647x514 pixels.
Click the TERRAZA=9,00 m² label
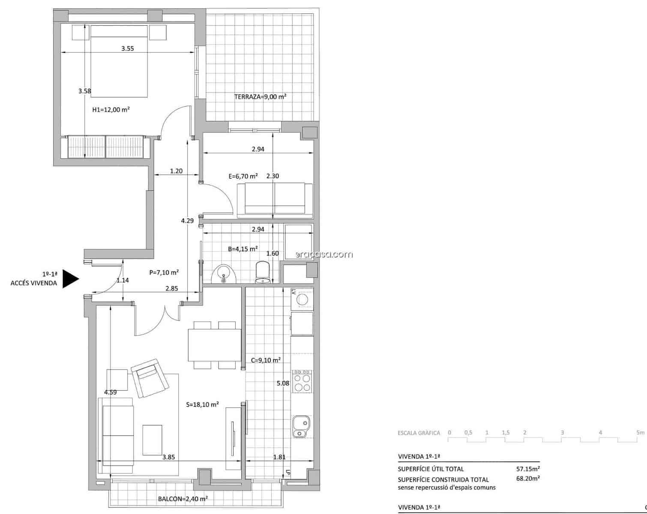[x=260, y=97]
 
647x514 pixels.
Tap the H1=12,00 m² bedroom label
[x=111, y=110]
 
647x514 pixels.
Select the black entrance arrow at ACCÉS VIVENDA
[x=70, y=279]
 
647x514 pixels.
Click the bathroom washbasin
[x=224, y=274]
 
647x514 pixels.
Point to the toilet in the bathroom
[x=263, y=273]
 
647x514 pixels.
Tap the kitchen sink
[x=302, y=426]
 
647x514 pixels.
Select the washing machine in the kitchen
[x=302, y=299]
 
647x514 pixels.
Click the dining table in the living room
[x=214, y=345]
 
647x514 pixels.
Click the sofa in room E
[x=275, y=198]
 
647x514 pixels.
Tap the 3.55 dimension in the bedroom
[x=127, y=49]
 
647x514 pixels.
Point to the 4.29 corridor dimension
[x=187, y=221]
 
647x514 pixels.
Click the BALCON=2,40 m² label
[x=183, y=499]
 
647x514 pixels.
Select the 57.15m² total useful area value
[x=528, y=469]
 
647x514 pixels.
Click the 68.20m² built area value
[x=528, y=479]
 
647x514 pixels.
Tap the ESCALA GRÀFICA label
[x=419, y=433]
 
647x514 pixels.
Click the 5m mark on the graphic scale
[x=640, y=433]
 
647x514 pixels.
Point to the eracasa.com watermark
[x=324, y=254]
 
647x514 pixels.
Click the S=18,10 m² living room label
[x=203, y=404]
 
